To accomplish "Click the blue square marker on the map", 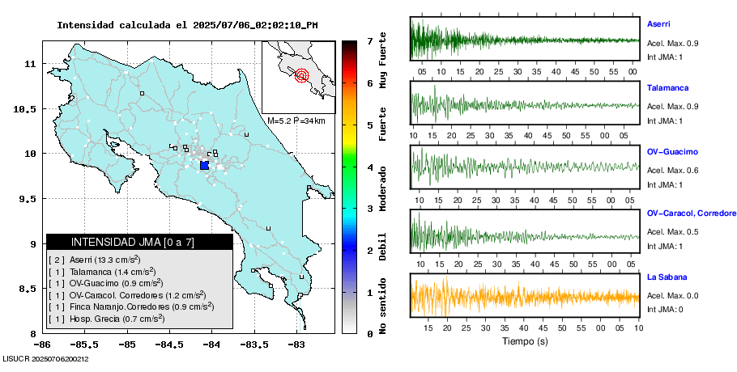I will (204, 165).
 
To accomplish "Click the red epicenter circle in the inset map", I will (302, 76).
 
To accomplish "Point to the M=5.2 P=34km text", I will (296, 120).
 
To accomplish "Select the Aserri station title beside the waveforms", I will (658, 24).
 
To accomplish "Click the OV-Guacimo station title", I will (672, 152).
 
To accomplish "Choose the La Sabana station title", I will (666, 277).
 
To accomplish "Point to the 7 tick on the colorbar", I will (369, 40).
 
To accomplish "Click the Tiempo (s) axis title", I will (525, 341).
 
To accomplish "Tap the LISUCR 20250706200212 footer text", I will (45, 358).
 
